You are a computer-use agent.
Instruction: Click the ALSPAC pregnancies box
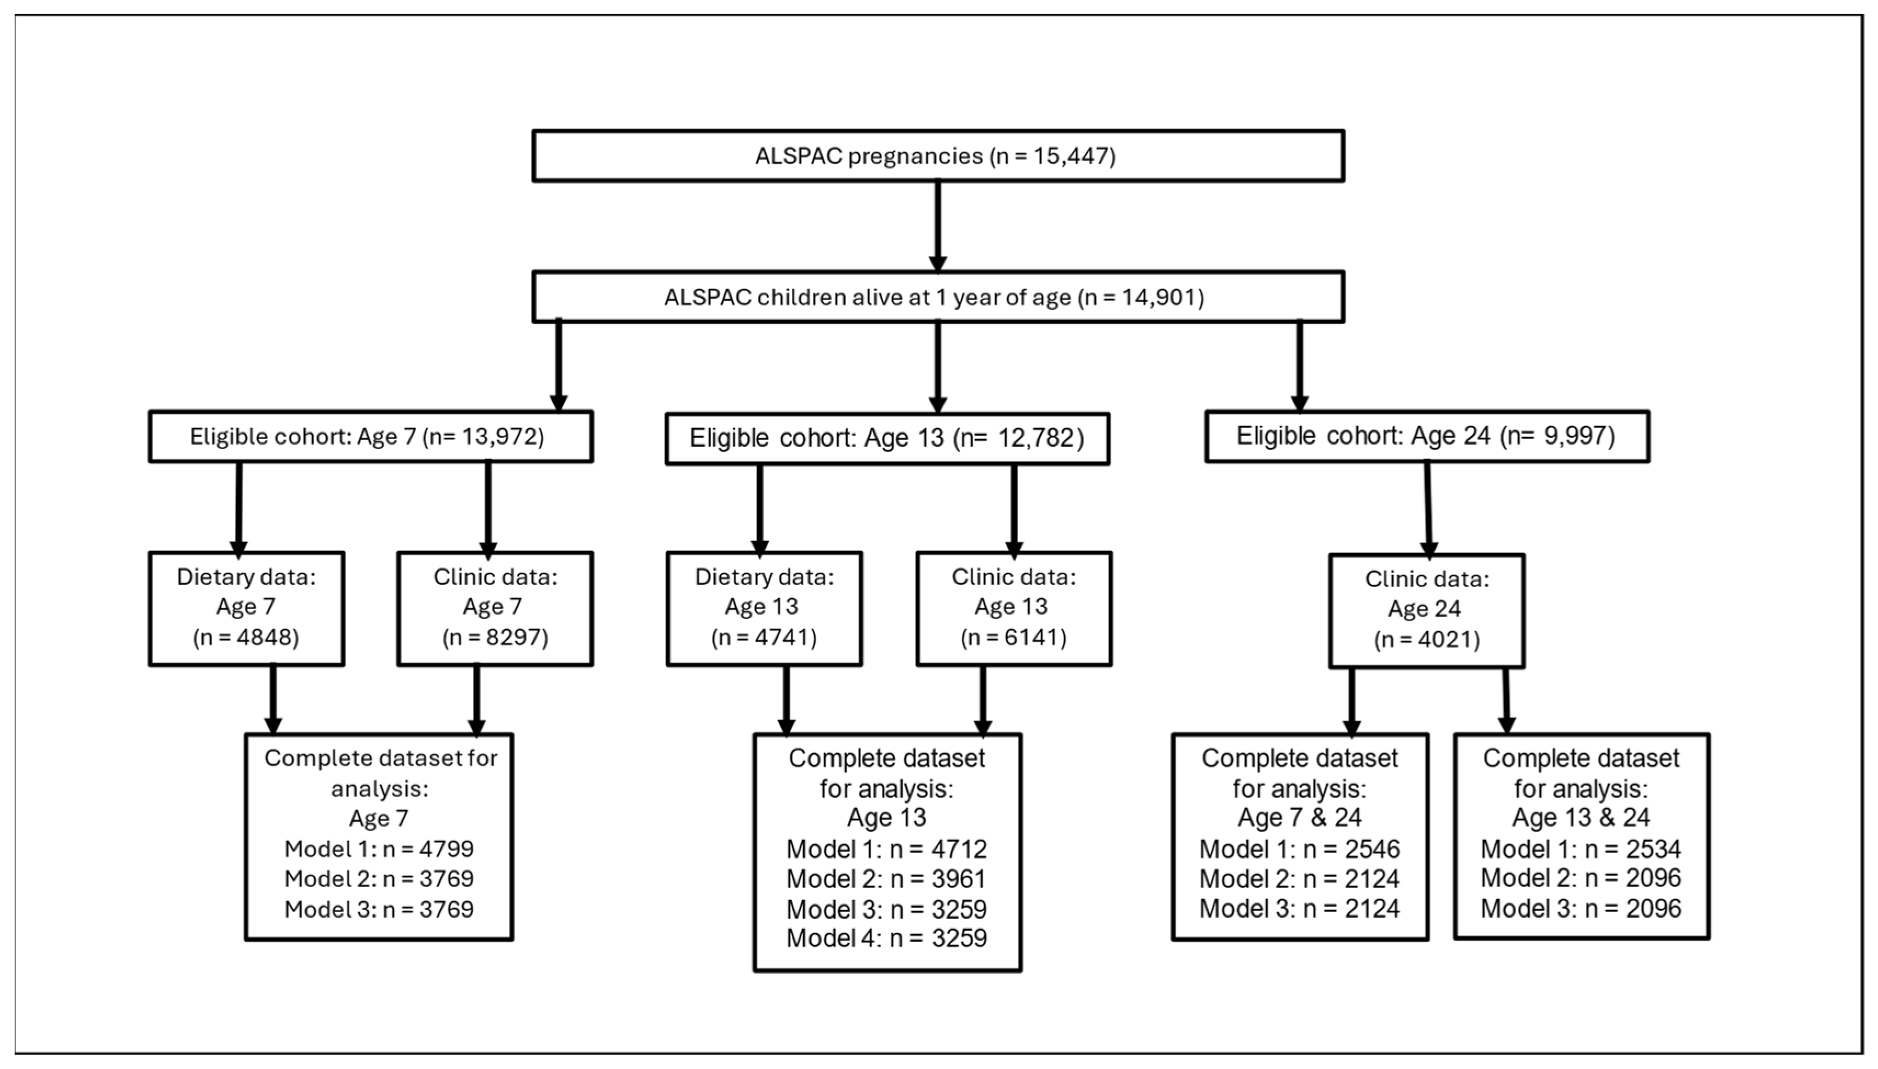point(937,156)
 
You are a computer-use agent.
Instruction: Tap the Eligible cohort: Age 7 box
point(370,437)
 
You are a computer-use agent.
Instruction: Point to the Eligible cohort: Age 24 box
point(1426,436)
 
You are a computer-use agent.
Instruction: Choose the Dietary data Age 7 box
point(246,608)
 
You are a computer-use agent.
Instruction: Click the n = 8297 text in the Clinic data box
point(495,637)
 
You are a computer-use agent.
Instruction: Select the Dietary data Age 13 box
point(764,608)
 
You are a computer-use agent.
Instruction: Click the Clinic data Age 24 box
point(1426,610)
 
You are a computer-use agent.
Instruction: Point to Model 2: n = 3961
point(886,879)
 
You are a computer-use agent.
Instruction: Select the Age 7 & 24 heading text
point(1300,818)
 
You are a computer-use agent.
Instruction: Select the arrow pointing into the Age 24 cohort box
point(1300,367)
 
